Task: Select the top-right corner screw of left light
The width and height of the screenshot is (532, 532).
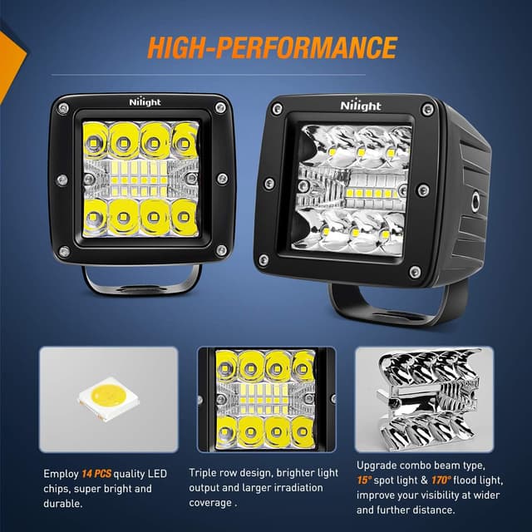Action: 220,107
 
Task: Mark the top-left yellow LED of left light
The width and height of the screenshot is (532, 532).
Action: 96,137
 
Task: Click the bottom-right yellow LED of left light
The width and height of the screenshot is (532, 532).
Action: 185,218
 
